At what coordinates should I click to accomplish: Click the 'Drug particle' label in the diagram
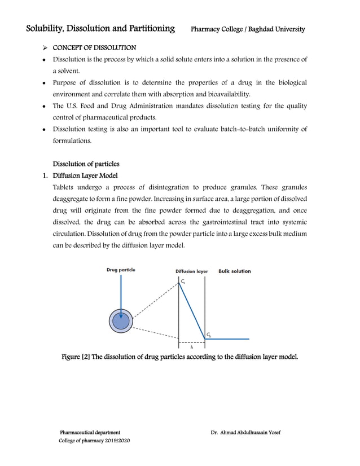[x=121, y=270]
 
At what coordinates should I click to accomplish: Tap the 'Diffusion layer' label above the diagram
[x=192, y=271]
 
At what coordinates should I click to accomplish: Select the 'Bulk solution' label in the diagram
[x=235, y=271]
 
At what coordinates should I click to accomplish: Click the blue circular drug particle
[x=121, y=321]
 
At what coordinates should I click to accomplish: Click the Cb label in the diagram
[x=209, y=335]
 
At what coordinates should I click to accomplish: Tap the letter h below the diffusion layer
[x=192, y=348]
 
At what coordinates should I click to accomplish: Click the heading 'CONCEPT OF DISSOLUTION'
[x=94, y=47]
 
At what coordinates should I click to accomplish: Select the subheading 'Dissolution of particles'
[x=86, y=164]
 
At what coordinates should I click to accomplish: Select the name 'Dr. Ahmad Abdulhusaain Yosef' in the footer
[x=245, y=432]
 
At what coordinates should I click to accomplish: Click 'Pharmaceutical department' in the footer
[x=90, y=432]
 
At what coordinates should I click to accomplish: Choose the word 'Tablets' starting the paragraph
[x=63, y=187]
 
